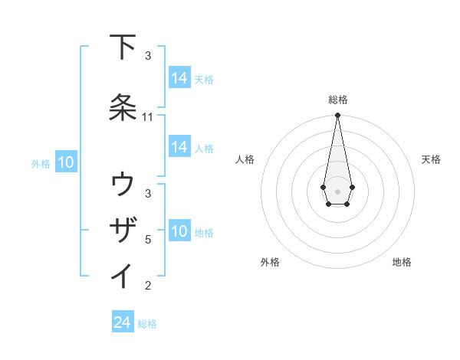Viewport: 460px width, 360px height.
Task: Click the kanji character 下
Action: tap(123, 47)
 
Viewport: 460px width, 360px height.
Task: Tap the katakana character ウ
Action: tap(123, 185)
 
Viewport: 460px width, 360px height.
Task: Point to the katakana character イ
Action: tap(123, 275)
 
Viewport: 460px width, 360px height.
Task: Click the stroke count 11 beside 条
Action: tap(148, 117)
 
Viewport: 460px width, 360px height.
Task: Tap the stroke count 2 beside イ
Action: tap(148, 286)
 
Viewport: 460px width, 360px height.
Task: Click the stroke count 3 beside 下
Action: tap(148, 56)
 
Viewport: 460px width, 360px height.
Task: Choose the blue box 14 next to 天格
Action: tap(179, 78)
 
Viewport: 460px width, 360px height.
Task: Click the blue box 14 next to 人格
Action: tap(179, 147)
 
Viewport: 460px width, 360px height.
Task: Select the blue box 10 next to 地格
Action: tap(179, 231)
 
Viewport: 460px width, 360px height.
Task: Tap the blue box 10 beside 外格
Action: tap(66, 162)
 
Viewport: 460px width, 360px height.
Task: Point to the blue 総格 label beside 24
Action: tap(147, 324)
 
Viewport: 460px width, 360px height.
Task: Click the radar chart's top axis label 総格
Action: tap(337, 100)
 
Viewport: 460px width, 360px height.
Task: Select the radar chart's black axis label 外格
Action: tap(270, 262)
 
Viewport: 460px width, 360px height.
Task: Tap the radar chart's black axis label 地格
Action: tap(402, 262)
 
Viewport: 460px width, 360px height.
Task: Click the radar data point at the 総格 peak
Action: tap(337, 116)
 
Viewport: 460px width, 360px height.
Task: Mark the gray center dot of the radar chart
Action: tap(337, 190)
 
